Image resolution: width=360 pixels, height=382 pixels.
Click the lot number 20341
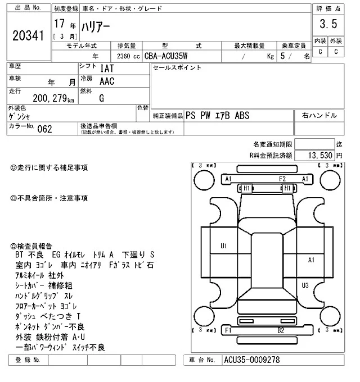pyautogui.click(x=28, y=37)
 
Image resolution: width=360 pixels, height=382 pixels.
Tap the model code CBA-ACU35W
pyautogui.click(x=166, y=56)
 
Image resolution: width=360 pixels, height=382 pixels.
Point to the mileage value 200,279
pyautogui.click(x=49, y=99)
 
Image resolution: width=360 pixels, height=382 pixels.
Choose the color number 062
pyautogui.click(x=44, y=129)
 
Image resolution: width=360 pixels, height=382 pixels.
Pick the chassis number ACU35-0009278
pyautogui.click(x=251, y=360)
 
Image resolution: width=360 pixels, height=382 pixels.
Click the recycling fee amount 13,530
pyautogui.click(x=321, y=155)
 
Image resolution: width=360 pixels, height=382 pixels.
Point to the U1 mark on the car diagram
pyautogui.click(x=223, y=245)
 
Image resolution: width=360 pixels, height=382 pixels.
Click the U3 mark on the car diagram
pyautogui.click(x=305, y=285)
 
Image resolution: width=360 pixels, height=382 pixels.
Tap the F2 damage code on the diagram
pyautogui.click(x=283, y=179)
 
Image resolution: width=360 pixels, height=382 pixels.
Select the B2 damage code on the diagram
pyautogui.click(x=280, y=331)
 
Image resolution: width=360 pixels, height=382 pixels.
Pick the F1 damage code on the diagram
pyautogui.click(x=228, y=331)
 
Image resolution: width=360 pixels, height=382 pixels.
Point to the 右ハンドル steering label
pyautogui.click(x=319, y=115)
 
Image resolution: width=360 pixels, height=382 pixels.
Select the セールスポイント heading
pyautogui.click(x=177, y=68)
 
